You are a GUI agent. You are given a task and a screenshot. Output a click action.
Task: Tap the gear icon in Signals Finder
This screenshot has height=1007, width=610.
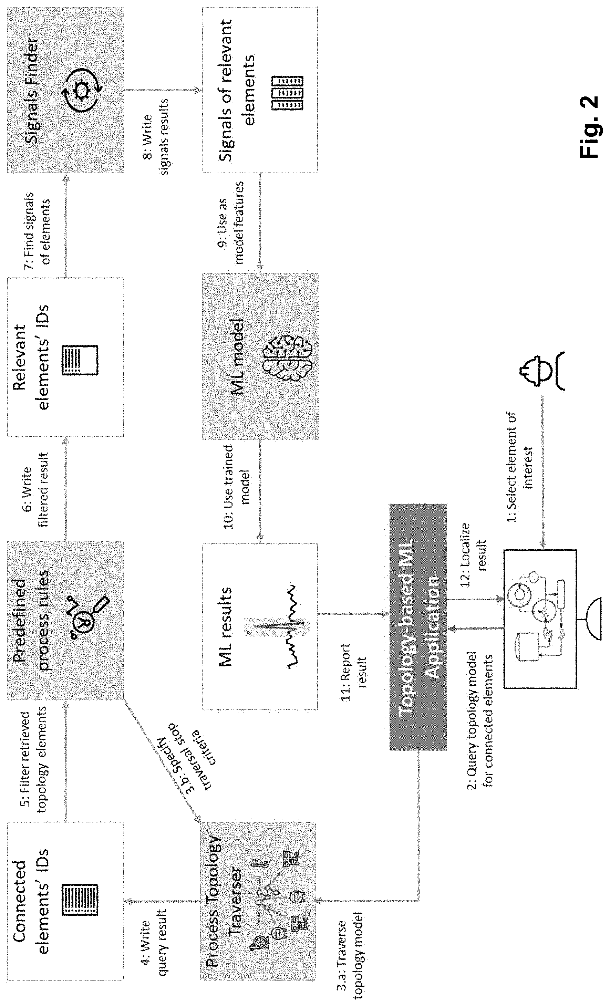tap(81, 90)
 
